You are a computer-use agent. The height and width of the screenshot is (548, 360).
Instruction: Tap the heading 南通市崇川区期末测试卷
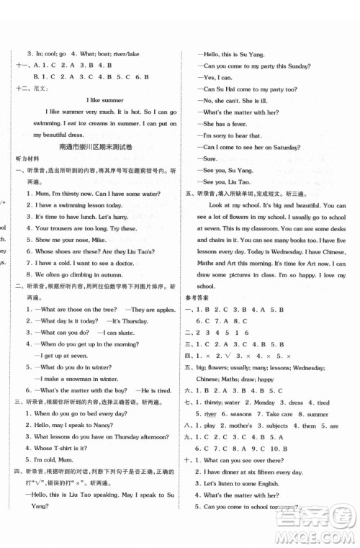(x=97, y=147)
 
